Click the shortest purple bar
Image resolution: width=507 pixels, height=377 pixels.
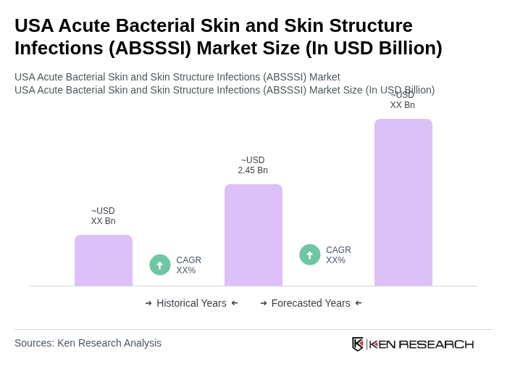point(104,260)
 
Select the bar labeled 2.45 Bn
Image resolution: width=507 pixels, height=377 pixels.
point(253,235)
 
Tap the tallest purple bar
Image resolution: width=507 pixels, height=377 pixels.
point(403,202)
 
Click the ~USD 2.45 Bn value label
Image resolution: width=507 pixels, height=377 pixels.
point(253,165)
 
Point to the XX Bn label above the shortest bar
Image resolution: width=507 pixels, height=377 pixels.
point(103,216)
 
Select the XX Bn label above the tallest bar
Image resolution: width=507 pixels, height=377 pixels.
point(403,101)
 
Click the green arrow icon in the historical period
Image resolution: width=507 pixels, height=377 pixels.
point(160,265)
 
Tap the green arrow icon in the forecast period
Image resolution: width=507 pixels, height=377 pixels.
point(310,255)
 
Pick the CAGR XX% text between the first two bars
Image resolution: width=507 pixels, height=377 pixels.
point(189,265)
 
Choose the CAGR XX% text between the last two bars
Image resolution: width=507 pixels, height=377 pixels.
point(338,255)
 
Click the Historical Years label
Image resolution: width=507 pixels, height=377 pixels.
point(191,303)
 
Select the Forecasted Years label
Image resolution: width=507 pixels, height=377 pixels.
point(311,303)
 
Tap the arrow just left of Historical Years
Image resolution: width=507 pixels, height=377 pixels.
point(148,303)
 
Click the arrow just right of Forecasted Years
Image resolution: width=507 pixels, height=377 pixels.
point(359,303)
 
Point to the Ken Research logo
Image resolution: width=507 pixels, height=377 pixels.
point(413,344)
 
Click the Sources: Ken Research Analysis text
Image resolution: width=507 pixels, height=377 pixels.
point(88,343)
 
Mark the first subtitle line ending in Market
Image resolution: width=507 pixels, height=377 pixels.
point(177,77)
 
